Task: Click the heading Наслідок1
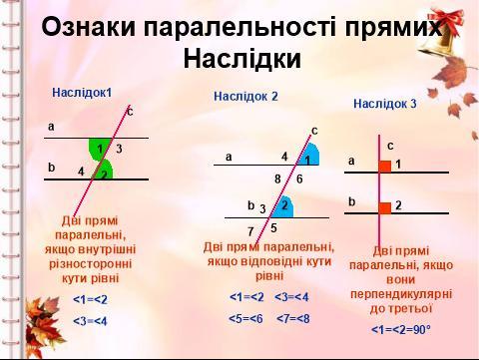pyautogui.click(x=82, y=93)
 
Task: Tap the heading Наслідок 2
pyautogui.click(x=245, y=96)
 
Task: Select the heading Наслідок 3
pyautogui.click(x=385, y=104)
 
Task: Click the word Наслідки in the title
pyautogui.click(x=242, y=59)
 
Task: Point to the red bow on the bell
pyautogui.click(x=447, y=21)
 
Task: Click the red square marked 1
pyautogui.click(x=385, y=167)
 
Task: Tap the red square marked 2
pyautogui.click(x=385, y=207)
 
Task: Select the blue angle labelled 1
pyautogui.click(x=309, y=156)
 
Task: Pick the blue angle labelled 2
pyautogui.click(x=283, y=207)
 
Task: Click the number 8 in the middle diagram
pyautogui.click(x=277, y=180)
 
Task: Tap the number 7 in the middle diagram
pyautogui.click(x=250, y=231)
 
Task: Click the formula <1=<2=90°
pyautogui.click(x=401, y=330)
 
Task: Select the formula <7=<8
pyautogui.click(x=292, y=319)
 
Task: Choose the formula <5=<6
pyautogui.click(x=245, y=319)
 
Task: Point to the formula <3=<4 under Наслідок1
pyautogui.click(x=90, y=321)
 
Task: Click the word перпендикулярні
pyautogui.click(x=401, y=294)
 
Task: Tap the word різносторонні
pyautogui.click(x=91, y=264)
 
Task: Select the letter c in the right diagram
pyautogui.click(x=390, y=146)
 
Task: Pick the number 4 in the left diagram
pyautogui.click(x=81, y=172)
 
